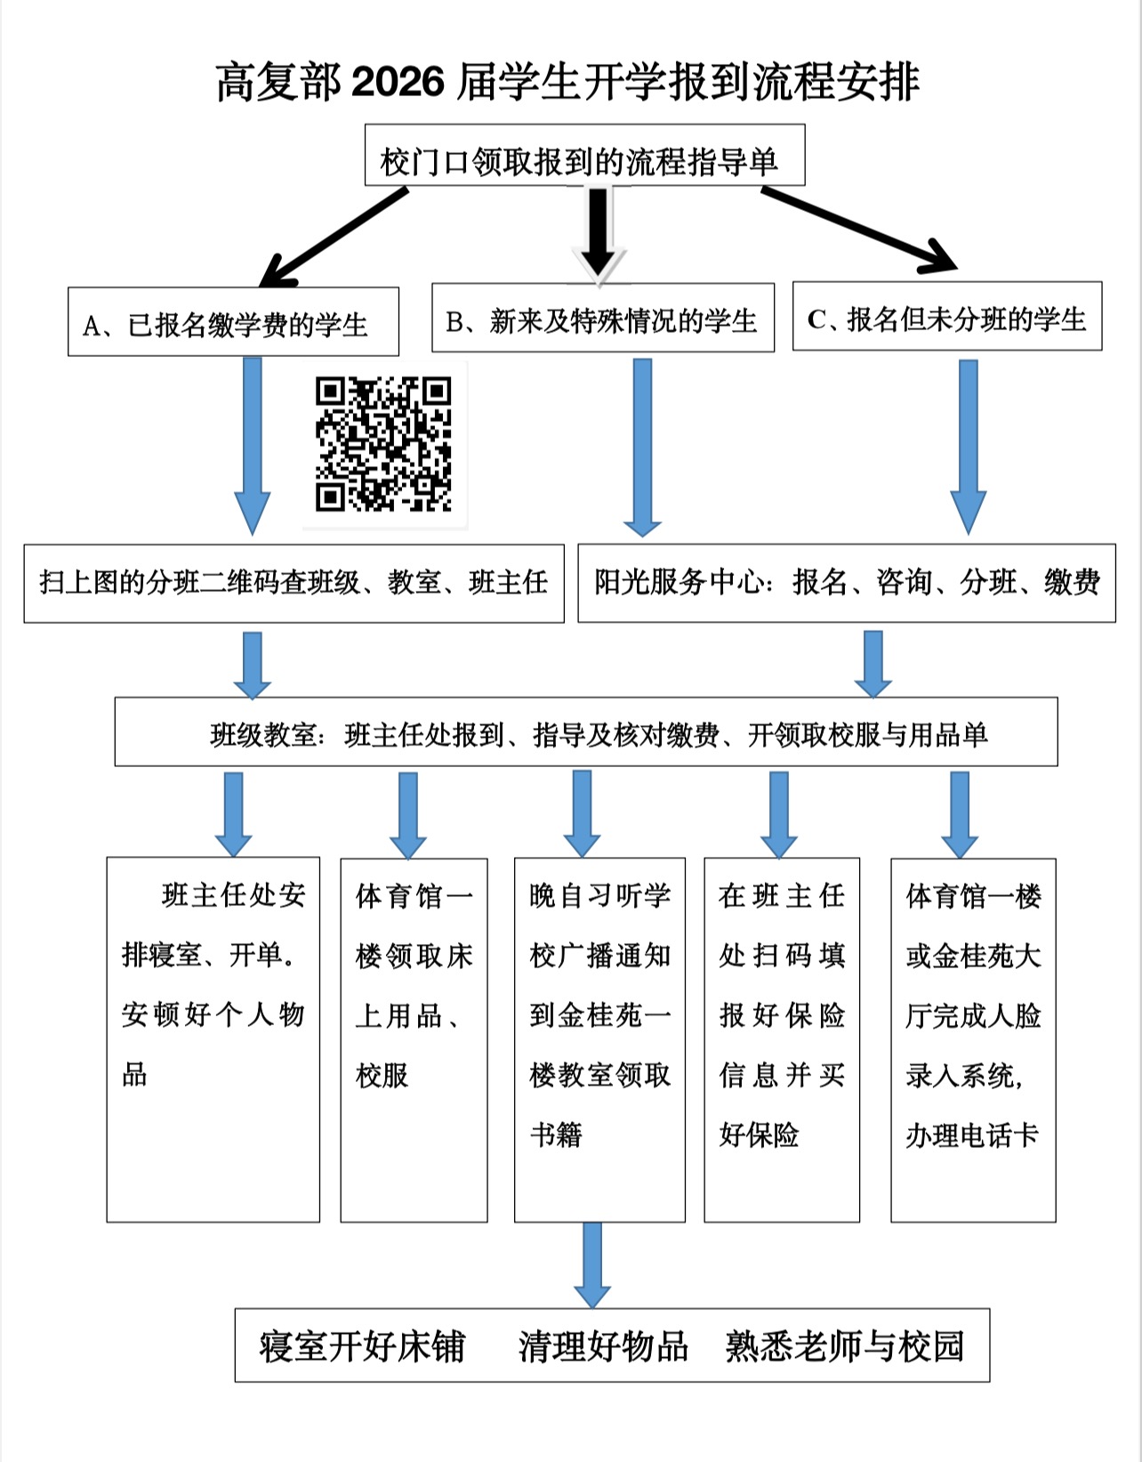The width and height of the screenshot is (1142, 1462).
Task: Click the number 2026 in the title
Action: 398,83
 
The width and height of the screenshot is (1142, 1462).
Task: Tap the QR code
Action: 383,444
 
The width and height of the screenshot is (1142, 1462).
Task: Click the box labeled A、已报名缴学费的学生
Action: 233,322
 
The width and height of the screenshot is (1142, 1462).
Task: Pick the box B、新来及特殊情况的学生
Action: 602,318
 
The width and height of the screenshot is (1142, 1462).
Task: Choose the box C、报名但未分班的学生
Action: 946,317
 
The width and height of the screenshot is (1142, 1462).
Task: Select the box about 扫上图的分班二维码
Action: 294,583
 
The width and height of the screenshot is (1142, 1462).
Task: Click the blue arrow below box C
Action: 968,445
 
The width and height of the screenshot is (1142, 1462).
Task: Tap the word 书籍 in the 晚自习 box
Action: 556,1135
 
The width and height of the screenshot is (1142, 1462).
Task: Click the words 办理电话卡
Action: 972,1135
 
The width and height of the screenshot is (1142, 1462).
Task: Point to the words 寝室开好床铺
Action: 362,1346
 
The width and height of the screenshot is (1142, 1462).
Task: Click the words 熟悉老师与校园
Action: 844,1346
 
